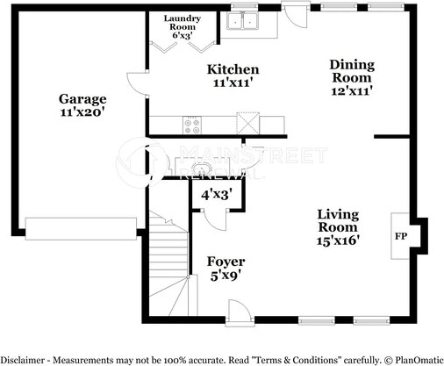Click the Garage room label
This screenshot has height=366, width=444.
(x=82, y=99)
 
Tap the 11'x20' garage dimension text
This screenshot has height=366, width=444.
(x=82, y=112)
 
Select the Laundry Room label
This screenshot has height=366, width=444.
(x=183, y=23)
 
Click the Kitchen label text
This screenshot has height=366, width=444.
(x=233, y=69)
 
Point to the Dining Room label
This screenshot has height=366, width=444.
(x=352, y=71)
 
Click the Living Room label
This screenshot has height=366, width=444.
(x=338, y=221)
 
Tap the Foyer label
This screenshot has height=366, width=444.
(x=226, y=262)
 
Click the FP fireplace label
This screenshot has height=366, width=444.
(x=401, y=236)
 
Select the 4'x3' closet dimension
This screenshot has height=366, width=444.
(x=217, y=195)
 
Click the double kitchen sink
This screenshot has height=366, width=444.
(x=242, y=20)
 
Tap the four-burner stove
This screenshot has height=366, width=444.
(x=192, y=125)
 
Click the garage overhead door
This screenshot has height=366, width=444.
(x=81, y=229)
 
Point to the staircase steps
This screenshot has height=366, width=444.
(x=168, y=263)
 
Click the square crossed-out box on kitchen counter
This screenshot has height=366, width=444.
(x=248, y=123)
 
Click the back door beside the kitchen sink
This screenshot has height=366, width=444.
(x=296, y=15)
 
